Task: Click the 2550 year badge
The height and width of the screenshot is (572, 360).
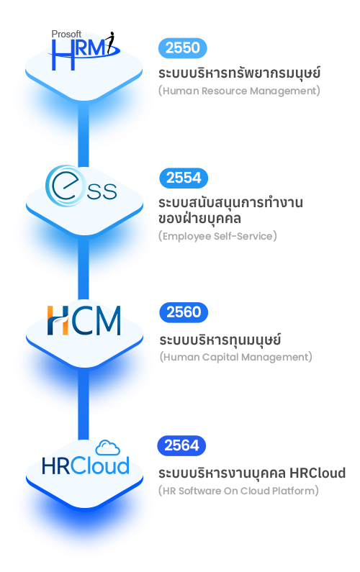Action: [183, 47]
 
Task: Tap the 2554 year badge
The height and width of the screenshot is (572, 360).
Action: [184, 178]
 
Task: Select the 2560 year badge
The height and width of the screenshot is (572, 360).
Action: [184, 312]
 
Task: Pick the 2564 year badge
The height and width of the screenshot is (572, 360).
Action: [181, 445]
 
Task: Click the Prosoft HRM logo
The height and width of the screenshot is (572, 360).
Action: [84, 50]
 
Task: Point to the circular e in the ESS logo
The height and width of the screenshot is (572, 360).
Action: [65, 186]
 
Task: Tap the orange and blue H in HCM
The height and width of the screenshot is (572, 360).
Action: [58, 320]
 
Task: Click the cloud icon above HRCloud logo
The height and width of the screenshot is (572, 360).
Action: [108, 448]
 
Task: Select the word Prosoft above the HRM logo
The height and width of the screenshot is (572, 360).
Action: [66, 34]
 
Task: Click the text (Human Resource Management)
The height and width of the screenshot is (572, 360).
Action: [239, 91]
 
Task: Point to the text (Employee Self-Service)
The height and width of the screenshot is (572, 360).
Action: [217, 236]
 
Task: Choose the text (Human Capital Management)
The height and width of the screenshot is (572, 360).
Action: [236, 357]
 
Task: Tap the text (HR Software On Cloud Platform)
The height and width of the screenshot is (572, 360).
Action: [238, 491]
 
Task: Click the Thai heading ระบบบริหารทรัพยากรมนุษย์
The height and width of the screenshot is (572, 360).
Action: [240, 72]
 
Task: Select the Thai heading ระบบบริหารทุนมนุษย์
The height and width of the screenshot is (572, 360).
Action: [220, 339]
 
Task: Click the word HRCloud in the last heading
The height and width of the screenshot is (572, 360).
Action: [318, 473]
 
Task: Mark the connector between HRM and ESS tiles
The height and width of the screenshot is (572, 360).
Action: [84, 135]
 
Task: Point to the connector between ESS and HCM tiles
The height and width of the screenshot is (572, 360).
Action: [84, 268]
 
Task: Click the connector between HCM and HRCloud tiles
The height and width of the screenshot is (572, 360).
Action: [84, 404]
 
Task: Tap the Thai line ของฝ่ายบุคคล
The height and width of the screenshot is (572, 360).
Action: [199, 219]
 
